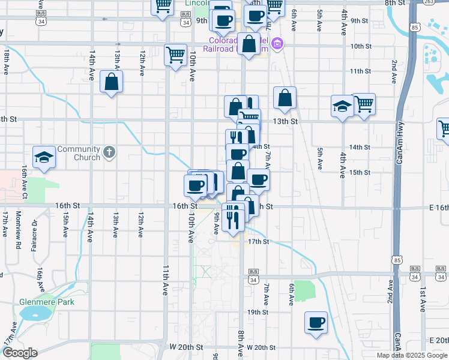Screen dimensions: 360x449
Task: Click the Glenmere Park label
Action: (46, 302)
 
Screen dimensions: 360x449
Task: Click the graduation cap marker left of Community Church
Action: (44, 157)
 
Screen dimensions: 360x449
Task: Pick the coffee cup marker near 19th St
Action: (316, 323)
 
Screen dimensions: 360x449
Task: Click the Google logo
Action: (20, 353)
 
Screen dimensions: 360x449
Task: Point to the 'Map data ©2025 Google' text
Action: (412, 355)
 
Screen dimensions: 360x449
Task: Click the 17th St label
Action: (258, 242)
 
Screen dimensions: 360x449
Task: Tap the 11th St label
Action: (360, 71)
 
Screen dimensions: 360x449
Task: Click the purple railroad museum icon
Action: (277, 43)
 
